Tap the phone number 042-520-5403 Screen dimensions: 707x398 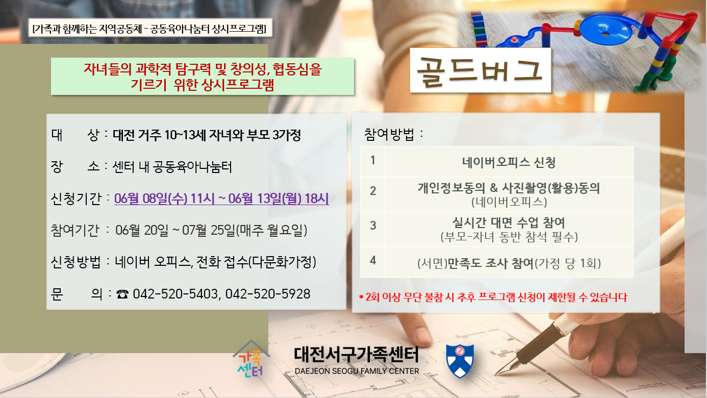coord(175,294)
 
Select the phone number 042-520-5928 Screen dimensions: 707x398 coord(268,294)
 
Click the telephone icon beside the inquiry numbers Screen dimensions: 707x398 coord(122,294)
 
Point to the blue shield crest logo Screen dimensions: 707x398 coord(460,361)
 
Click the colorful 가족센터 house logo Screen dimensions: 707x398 coord(251,360)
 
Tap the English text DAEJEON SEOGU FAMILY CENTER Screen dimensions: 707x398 coord(357,371)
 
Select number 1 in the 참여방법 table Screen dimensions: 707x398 coord(373,160)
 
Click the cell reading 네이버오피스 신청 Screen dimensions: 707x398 coord(509,163)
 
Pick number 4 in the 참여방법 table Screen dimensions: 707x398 coord(373,260)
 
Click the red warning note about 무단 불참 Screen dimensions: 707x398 coord(493,297)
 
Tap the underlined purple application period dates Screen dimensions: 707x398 coord(221,198)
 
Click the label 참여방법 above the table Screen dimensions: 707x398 coord(389,135)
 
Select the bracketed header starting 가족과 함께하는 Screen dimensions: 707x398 coord(149,29)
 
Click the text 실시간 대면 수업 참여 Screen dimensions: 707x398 coord(509,223)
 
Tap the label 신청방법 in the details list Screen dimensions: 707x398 coord(75,262)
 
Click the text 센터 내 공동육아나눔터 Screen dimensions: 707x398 coord(172,167)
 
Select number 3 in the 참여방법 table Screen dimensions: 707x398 coord(373,226)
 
